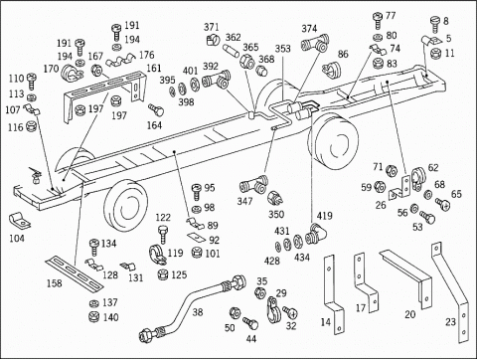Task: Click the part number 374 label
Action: click(309, 29)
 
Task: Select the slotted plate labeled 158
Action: click(75, 272)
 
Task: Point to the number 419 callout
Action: click(324, 216)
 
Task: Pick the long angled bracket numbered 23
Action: click(448, 291)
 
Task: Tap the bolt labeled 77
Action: click(378, 20)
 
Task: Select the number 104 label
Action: click(17, 238)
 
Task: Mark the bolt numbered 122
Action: click(163, 234)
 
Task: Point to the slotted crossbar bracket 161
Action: click(106, 91)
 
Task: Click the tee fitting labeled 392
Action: click(216, 81)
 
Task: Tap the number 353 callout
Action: click(282, 49)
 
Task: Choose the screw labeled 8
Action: click(435, 25)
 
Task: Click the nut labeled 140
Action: click(94, 317)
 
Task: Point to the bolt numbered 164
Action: click(156, 109)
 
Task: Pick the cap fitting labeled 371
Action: click(213, 40)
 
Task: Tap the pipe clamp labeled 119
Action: click(156, 254)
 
